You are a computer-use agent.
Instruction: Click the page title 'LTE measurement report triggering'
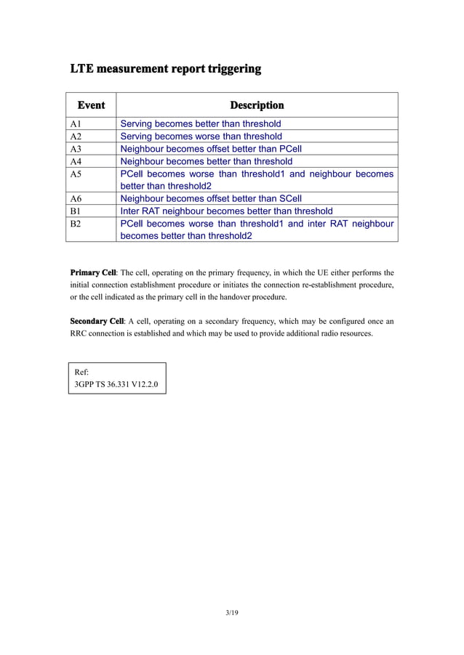[x=165, y=70]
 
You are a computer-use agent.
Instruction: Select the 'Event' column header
[x=91, y=105]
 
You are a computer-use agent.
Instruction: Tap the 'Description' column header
[x=257, y=105]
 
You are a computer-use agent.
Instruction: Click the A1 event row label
[x=76, y=124]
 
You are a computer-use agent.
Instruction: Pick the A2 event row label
[x=76, y=137]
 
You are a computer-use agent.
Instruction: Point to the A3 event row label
[x=76, y=149]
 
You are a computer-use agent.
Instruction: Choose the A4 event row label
[x=76, y=161]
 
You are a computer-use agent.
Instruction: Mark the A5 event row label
[x=76, y=174]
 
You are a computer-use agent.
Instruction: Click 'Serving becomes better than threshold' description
[x=200, y=124]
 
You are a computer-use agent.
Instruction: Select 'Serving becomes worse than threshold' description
[x=201, y=137]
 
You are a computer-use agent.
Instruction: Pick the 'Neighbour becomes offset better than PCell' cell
[x=210, y=149]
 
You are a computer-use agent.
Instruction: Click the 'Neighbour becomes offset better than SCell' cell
[x=210, y=198]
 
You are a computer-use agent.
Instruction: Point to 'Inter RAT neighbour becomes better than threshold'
[x=226, y=211]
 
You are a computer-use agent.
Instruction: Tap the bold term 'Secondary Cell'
[x=97, y=321]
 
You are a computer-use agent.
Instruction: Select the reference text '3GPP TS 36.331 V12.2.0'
[x=116, y=383]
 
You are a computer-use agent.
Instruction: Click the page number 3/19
[x=232, y=613]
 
